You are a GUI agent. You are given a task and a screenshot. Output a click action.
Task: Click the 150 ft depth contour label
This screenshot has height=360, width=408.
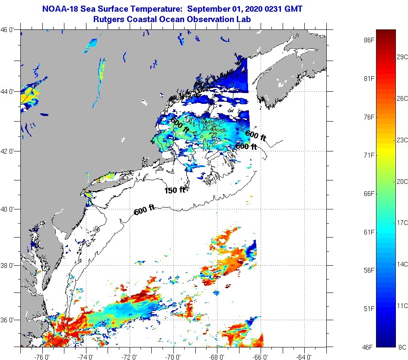pyautogui.click(x=175, y=190)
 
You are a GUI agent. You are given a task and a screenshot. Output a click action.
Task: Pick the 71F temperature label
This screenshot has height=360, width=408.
pyautogui.click(x=369, y=155)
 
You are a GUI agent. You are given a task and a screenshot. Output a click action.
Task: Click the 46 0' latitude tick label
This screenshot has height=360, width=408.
pyautogui.click(x=9, y=30)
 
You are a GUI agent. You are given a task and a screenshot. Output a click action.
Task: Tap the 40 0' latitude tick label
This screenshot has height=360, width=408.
pyautogui.click(x=9, y=209)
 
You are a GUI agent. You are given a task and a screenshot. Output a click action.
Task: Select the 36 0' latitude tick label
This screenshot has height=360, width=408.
pyautogui.click(x=9, y=320)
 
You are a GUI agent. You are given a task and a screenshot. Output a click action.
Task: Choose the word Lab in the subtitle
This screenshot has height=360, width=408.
pyautogui.click(x=243, y=19)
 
